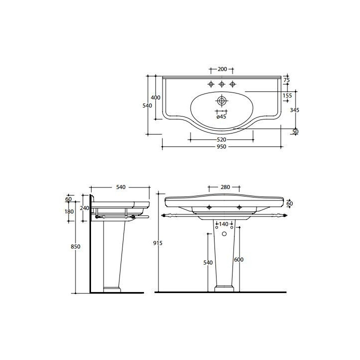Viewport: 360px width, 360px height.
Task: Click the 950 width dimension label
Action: tap(221, 146)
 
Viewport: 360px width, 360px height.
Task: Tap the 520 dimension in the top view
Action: tap(221, 139)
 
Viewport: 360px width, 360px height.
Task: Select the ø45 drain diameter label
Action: tap(221, 116)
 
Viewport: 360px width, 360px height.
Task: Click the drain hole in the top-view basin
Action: tap(221, 100)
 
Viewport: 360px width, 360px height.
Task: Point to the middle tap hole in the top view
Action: tap(221, 84)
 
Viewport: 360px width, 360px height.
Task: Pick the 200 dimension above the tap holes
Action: tap(222, 69)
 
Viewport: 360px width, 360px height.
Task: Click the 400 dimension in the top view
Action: tap(155, 97)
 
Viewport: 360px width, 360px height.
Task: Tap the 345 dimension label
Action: tap(294, 110)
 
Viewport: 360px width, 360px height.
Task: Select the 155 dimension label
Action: tap(287, 95)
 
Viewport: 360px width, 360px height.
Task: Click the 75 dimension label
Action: tap(286, 80)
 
